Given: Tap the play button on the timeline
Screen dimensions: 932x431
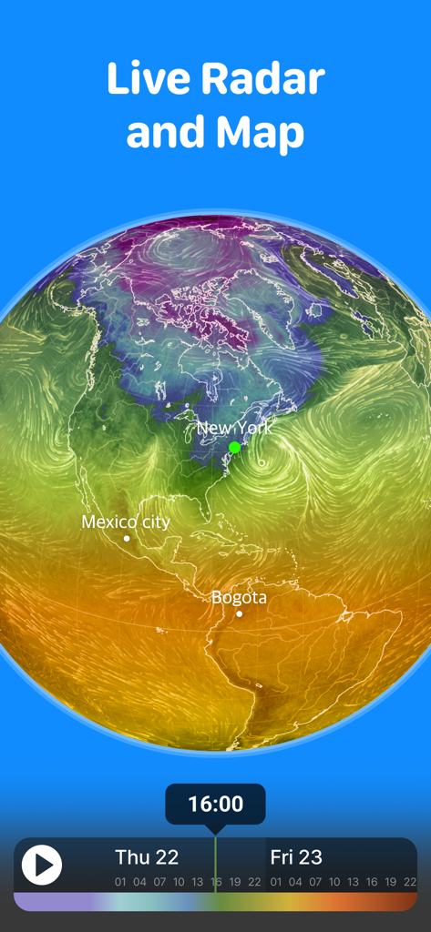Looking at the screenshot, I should (x=42, y=864).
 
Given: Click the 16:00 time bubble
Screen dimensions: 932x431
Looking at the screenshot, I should (x=215, y=804).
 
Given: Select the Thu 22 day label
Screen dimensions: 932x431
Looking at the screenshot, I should (x=147, y=856).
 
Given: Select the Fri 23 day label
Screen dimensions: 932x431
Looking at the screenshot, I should (x=296, y=856).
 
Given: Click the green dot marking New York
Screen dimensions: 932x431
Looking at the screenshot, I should (x=235, y=447).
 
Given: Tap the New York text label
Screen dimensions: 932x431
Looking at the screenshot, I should (x=234, y=428).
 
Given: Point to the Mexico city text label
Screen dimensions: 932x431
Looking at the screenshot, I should (x=126, y=522).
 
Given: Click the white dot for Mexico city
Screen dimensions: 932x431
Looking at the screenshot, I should (x=127, y=539).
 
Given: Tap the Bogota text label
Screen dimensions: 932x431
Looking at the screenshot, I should (x=239, y=597).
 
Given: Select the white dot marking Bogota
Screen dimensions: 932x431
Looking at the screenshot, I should (x=240, y=613).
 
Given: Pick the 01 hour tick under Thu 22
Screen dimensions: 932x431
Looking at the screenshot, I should (x=120, y=882).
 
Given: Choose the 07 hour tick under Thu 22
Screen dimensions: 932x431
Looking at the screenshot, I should (x=159, y=882).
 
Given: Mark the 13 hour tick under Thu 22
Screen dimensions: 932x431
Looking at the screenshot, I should (x=197, y=882).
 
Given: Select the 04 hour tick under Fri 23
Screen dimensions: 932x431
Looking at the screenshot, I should (x=296, y=882).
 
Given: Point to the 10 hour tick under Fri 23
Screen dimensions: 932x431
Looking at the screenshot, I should (x=334, y=882).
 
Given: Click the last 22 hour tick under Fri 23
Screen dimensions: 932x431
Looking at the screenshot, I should (x=410, y=882).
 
